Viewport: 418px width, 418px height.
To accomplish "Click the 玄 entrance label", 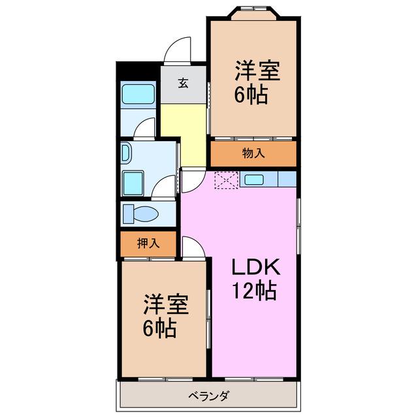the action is click(x=184, y=84).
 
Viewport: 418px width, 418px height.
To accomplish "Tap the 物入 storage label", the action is click(x=253, y=153).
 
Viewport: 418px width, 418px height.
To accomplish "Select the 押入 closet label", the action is click(x=148, y=243).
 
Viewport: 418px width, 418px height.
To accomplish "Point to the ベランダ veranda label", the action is click(x=208, y=396).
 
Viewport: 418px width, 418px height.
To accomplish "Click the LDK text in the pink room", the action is click(x=256, y=267).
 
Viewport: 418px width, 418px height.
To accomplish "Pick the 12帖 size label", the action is click(x=254, y=291).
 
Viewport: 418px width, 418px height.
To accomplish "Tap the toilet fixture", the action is click(x=140, y=214).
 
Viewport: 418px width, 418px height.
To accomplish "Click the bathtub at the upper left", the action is click(x=138, y=94).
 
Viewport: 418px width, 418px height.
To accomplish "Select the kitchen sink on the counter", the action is click(x=254, y=180).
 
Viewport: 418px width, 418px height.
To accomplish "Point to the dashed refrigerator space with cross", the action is click(x=227, y=180).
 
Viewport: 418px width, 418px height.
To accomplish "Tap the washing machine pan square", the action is click(x=133, y=184).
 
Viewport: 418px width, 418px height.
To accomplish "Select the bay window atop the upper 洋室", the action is click(x=255, y=13).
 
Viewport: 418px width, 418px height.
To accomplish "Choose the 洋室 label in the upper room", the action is click(x=257, y=71).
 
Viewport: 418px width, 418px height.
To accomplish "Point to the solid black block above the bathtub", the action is click(x=138, y=71).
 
